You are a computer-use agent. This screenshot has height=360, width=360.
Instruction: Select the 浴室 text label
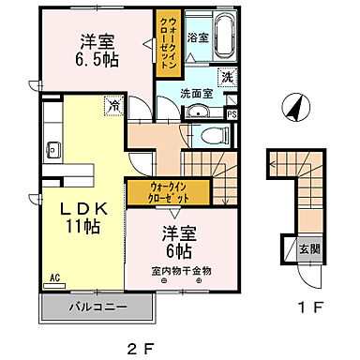coord(197,38)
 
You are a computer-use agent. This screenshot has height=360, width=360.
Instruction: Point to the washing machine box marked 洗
coord(226,78)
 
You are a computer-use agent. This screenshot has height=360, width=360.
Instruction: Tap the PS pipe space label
coord(232,114)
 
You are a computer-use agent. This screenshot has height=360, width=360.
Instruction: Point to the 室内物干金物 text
coord(182,271)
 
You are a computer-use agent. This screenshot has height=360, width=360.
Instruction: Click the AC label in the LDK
coord(54,277)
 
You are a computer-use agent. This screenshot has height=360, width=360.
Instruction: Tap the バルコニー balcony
coord(97,306)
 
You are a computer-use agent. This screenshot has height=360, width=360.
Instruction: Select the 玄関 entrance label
coord(308,250)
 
